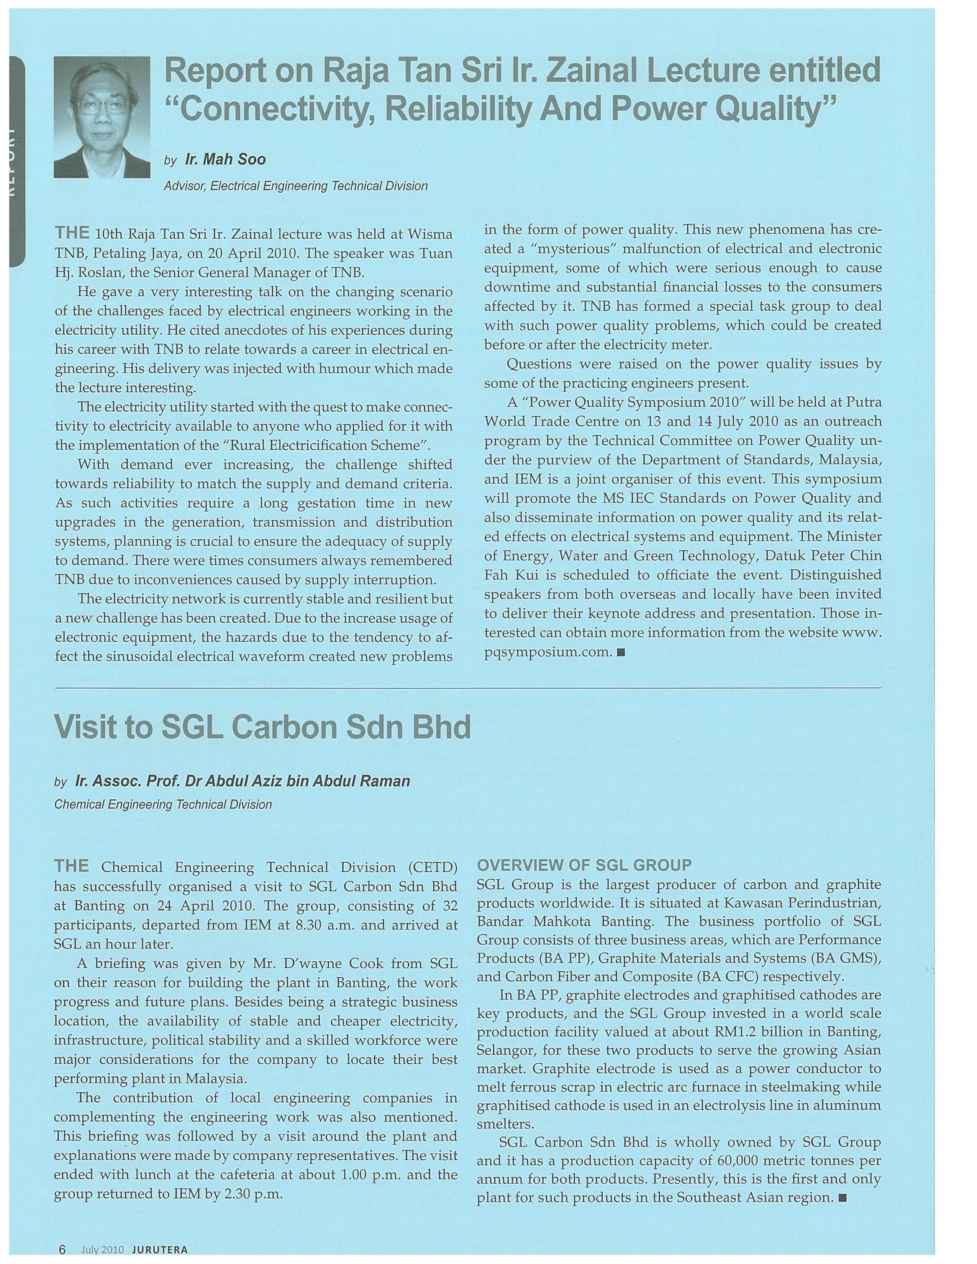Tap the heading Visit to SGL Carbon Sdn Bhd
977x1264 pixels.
pyautogui.click(x=262, y=727)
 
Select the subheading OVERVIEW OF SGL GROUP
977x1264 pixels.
pyautogui.click(x=584, y=865)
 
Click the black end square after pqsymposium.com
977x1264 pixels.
pyautogui.click(x=621, y=653)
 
